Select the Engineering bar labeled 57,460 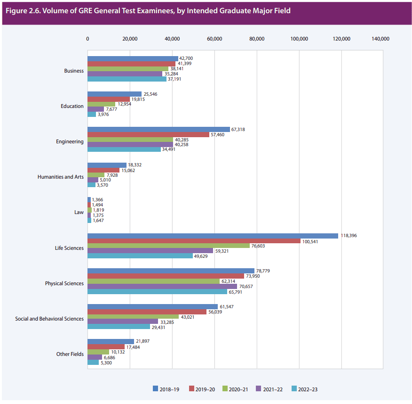coord(148,134)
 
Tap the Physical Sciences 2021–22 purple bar coord(162,286)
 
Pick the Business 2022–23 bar coord(127,79)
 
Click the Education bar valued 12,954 coord(101,104)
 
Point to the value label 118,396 coord(349,236)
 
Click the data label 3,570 coord(102,185)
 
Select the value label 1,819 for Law coord(97,210)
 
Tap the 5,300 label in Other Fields coord(106,362)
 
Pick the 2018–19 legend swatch coord(156,389)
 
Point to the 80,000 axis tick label coord(257,39)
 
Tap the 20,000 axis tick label coord(130,39)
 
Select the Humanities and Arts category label coord(61,177)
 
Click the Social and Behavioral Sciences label coord(49,319)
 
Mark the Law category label coord(79,212)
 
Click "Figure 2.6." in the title coord(22,10)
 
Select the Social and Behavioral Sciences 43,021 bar coord(133,316)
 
